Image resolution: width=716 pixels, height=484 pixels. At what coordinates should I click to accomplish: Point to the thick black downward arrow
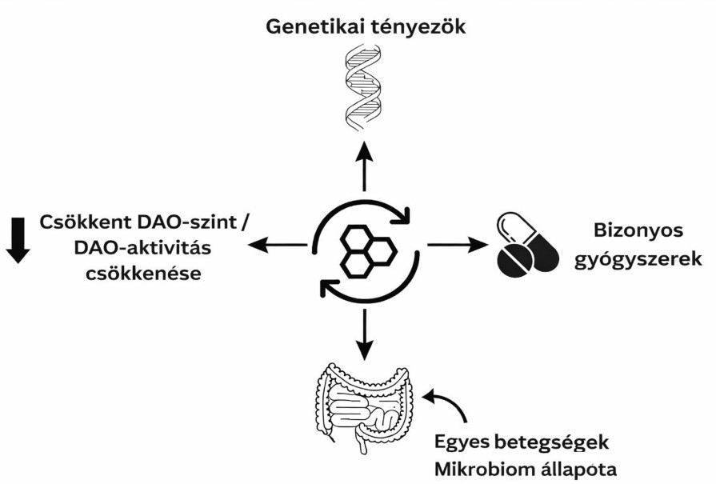tap(18, 239)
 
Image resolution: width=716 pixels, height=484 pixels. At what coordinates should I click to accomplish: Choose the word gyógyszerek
tap(639, 259)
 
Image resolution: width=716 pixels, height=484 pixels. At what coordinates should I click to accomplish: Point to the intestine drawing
tap(365, 405)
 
